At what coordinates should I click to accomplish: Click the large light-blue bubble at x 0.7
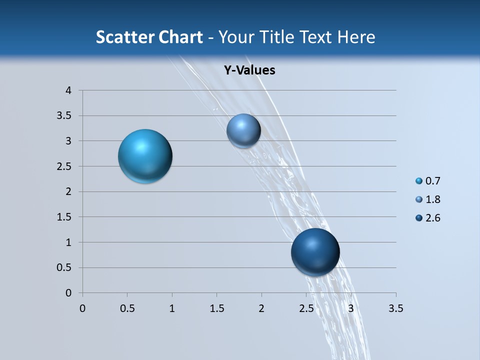click(145, 156)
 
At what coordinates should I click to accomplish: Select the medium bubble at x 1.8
click(243, 130)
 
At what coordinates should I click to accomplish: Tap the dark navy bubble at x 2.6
click(315, 251)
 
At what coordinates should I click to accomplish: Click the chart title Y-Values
click(249, 70)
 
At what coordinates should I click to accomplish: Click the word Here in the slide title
click(355, 37)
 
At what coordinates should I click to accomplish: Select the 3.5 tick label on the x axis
click(395, 308)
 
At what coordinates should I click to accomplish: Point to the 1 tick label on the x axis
click(172, 308)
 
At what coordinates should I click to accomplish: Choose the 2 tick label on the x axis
click(261, 308)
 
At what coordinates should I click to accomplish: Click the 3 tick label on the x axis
click(351, 308)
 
